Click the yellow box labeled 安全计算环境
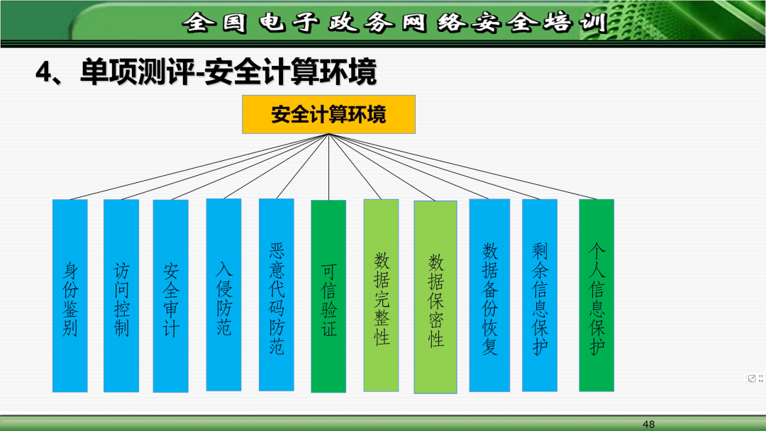click(x=328, y=114)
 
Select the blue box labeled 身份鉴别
click(x=70, y=296)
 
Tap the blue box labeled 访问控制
click(x=121, y=296)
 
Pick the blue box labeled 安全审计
click(x=171, y=296)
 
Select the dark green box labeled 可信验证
click(x=328, y=296)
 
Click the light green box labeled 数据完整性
click(x=382, y=295)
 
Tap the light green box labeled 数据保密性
click(x=435, y=296)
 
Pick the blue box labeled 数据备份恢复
click(x=489, y=295)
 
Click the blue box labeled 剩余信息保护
click(x=540, y=295)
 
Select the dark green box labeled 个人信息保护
click(x=596, y=295)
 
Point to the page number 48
click(x=648, y=424)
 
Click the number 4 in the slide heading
click(x=44, y=73)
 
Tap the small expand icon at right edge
click(x=752, y=378)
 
